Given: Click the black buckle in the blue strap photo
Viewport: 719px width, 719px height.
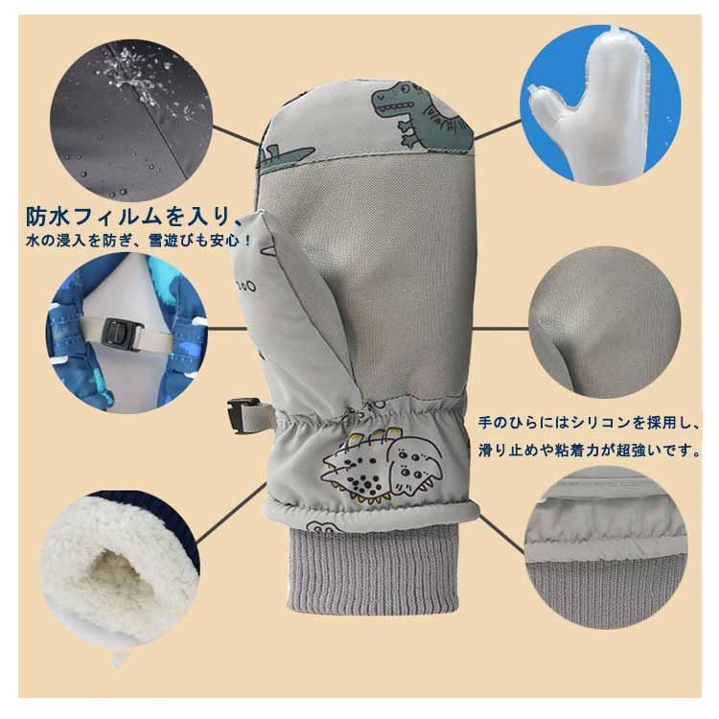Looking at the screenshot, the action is pyautogui.click(x=123, y=335).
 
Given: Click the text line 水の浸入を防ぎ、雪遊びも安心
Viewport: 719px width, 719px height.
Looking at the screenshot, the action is pyautogui.click(x=137, y=241).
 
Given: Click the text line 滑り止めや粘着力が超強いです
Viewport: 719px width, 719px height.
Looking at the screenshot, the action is pyautogui.click(x=589, y=451).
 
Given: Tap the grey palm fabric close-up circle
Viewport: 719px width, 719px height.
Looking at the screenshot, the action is pyautogui.click(x=604, y=322).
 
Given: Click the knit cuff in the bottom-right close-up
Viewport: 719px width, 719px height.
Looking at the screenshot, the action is pyautogui.click(x=605, y=591).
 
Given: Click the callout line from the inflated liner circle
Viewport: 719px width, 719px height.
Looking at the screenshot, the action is pyautogui.click(x=497, y=128).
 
